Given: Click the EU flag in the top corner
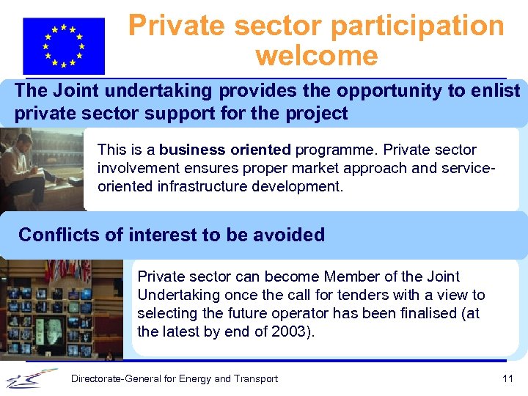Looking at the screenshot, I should click(x=63, y=45).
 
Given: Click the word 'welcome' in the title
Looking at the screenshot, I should click(x=316, y=56).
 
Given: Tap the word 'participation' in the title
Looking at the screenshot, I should click(x=418, y=26).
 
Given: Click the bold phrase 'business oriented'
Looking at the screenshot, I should click(x=225, y=150).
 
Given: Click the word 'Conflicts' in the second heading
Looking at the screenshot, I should click(x=54, y=235).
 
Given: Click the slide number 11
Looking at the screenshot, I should click(x=507, y=378).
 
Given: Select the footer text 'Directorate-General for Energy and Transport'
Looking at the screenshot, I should click(x=174, y=378).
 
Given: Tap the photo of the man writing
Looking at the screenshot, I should click(x=40, y=169).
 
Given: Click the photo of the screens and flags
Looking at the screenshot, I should click(x=62, y=308).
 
